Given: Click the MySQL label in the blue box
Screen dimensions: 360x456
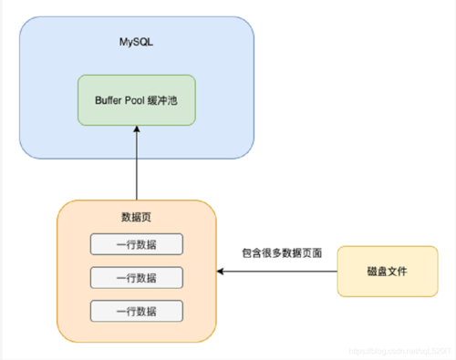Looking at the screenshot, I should (x=136, y=42).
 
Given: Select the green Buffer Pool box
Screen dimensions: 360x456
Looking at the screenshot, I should (x=136, y=100).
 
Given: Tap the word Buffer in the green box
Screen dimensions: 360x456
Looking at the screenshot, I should (x=103, y=100).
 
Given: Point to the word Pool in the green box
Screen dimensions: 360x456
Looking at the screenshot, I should (x=134, y=100).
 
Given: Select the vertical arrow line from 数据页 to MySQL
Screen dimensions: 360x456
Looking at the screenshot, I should (x=136, y=169).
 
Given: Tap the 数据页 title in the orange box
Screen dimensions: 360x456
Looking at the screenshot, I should (x=136, y=218).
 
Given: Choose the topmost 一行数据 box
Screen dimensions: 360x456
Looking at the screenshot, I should (x=136, y=244).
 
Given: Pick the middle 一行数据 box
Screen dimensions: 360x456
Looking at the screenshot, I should (x=136, y=277).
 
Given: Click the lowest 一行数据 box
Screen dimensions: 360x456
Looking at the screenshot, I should (x=136, y=310).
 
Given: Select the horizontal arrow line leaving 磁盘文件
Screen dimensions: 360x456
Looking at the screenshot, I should (x=283, y=271).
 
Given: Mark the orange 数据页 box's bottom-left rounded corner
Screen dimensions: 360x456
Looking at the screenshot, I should (x=63, y=336).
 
